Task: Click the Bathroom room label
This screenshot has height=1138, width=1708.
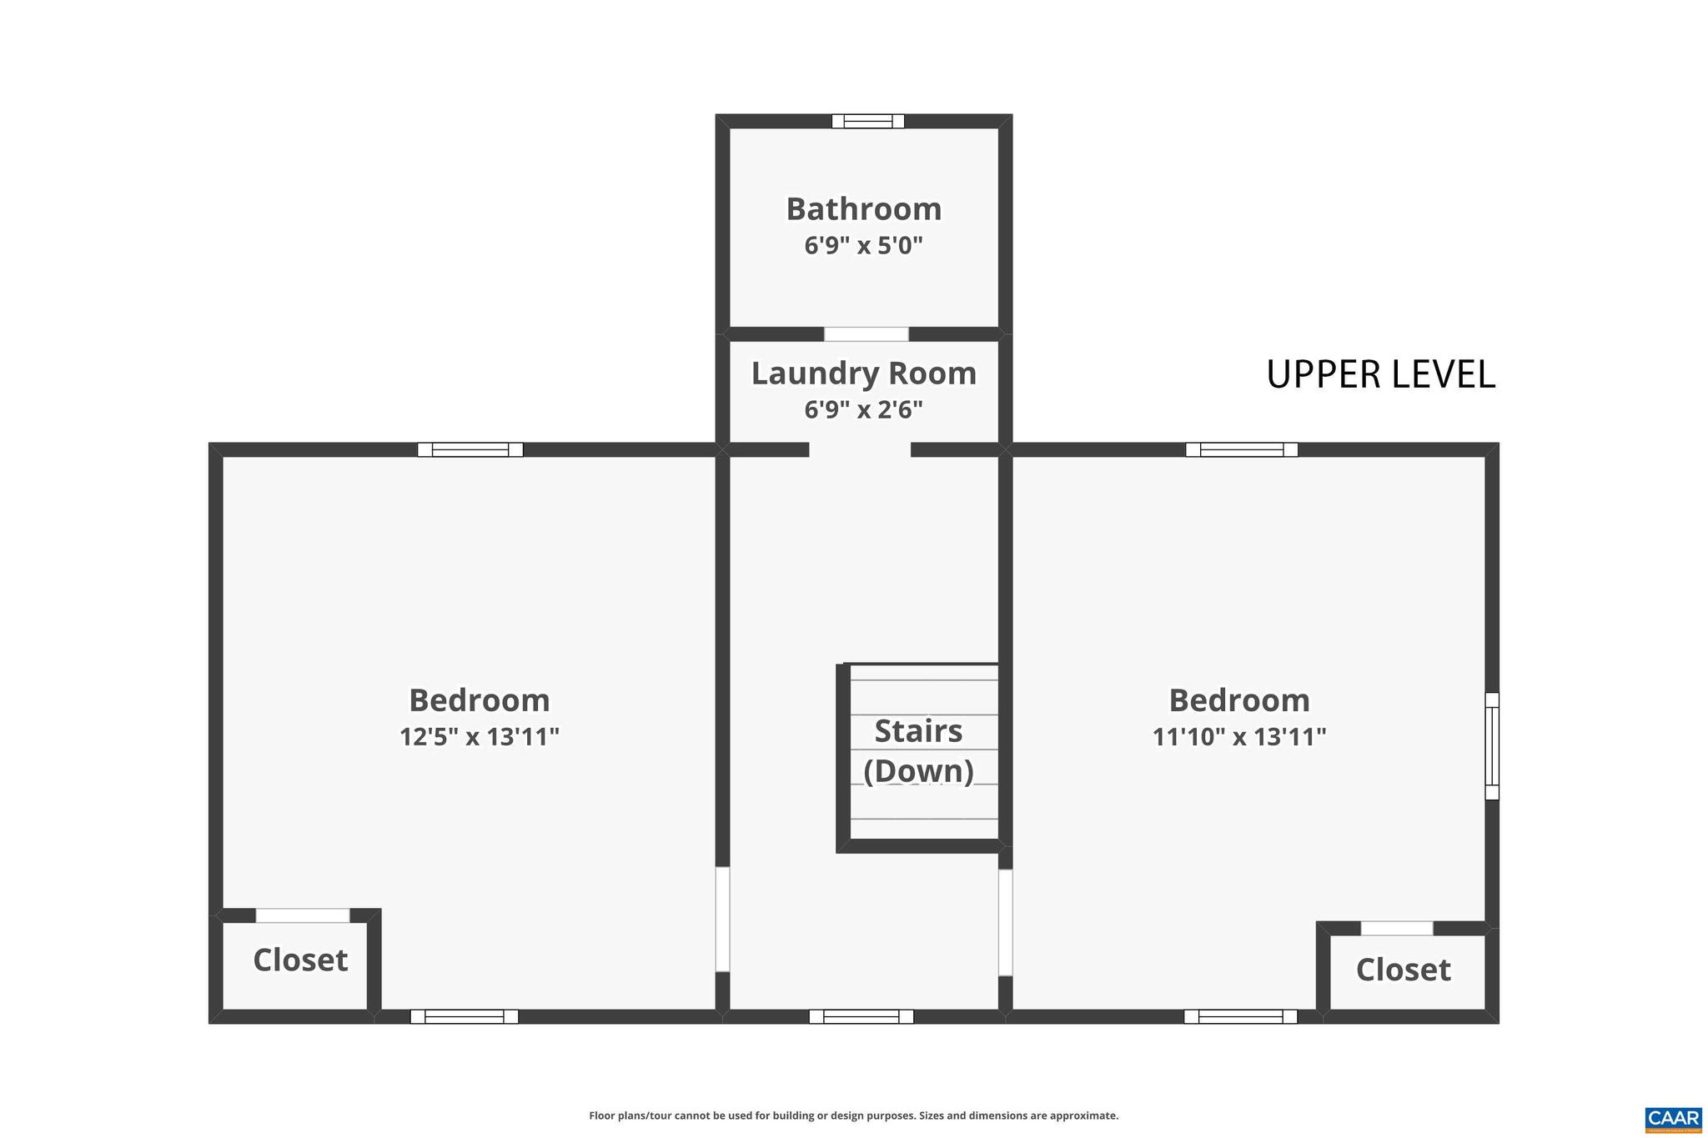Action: [x=863, y=209]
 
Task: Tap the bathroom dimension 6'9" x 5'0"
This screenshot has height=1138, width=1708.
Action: [x=863, y=246]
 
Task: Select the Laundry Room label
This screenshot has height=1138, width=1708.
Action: [x=863, y=373]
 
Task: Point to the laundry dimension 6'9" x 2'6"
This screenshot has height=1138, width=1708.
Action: [x=863, y=410]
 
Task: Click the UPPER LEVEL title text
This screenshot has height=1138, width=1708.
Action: [x=1380, y=374]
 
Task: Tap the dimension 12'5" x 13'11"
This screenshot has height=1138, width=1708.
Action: [x=479, y=737]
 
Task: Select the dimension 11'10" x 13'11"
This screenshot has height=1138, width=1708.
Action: [x=1238, y=737]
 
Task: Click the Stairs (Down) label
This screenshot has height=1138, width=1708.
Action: [x=918, y=750]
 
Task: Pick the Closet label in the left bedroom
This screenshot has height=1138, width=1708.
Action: [x=300, y=960]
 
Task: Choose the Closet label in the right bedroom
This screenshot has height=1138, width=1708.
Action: [x=1403, y=970]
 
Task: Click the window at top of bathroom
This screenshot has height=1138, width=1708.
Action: [x=867, y=121]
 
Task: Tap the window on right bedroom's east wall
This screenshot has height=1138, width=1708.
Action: [x=1492, y=746]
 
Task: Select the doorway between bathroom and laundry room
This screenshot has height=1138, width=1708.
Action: [x=866, y=334]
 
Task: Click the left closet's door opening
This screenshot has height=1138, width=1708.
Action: [x=302, y=915]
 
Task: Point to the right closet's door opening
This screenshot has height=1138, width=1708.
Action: [x=1396, y=928]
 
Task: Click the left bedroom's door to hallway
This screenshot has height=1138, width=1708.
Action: [x=722, y=920]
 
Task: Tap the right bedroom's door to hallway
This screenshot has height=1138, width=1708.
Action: [x=1005, y=922]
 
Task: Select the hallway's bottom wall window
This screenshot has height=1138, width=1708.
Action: [x=861, y=1016]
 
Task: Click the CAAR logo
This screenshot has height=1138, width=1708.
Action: [x=1672, y=1119]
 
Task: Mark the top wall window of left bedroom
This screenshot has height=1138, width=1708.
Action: [x=470, y=450]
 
